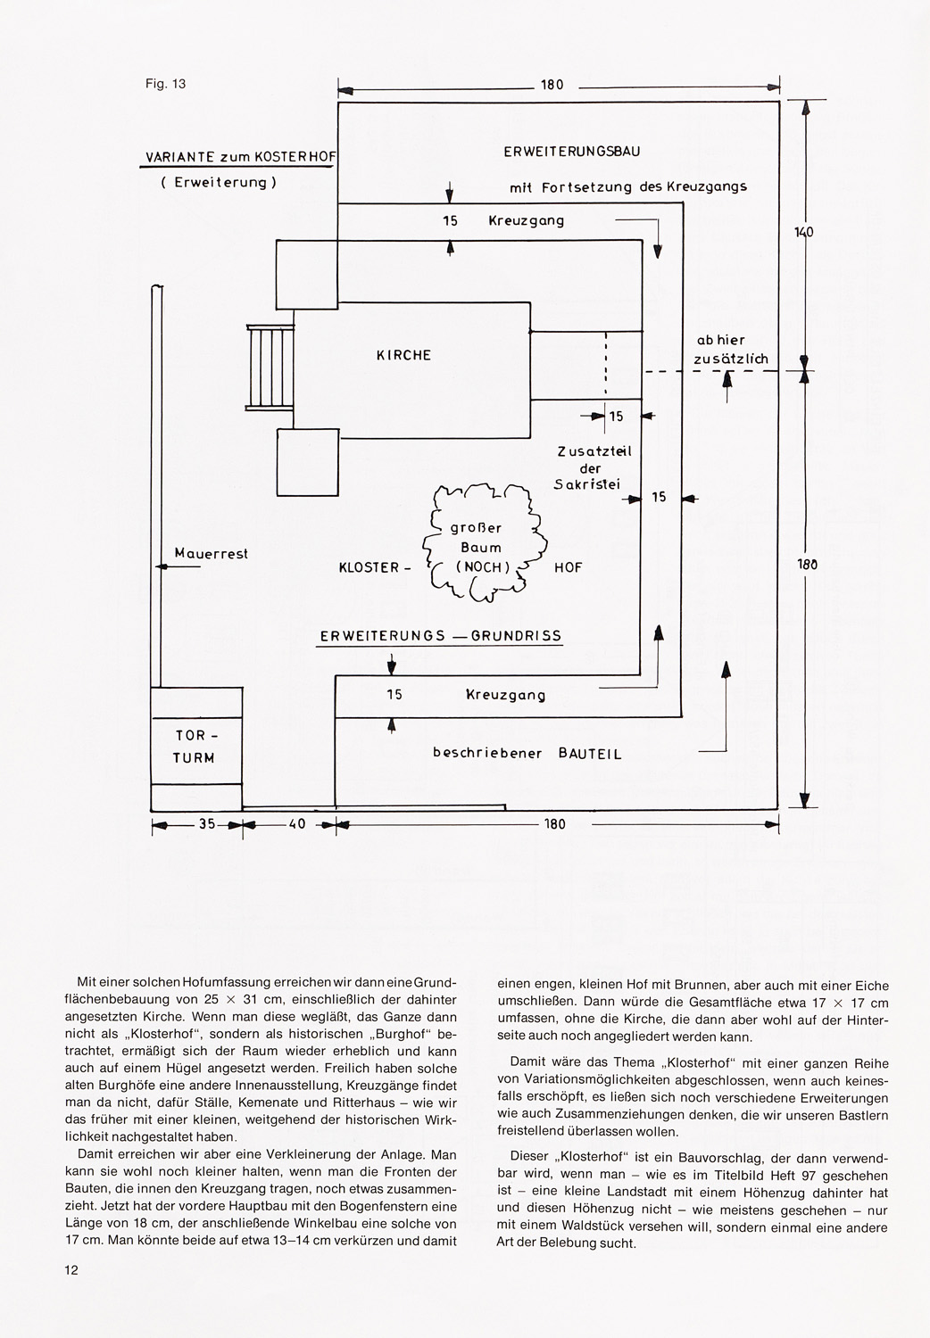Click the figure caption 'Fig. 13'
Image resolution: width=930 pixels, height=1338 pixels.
tap(165, 84)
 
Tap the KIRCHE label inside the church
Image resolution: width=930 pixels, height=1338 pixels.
tap(404, 355)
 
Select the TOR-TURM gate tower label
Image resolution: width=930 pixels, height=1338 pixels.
tap(194, 747)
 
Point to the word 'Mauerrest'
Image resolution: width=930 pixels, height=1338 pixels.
tap(211, 554)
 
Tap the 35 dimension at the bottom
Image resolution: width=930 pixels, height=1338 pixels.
tap(207, 823)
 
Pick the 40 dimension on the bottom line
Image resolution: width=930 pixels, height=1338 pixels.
tap(297, 823)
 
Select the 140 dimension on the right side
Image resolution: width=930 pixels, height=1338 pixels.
tap(804, 232)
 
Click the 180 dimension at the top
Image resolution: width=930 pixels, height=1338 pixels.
tap(552, 85)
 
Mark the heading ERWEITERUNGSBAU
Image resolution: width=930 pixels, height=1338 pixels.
tap(572, 151)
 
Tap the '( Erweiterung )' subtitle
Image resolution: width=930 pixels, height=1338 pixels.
tap(219, 183)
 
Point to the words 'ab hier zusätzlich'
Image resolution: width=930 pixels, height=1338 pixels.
tap(730, 350)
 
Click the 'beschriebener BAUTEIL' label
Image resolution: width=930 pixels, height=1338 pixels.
tap(527, 753)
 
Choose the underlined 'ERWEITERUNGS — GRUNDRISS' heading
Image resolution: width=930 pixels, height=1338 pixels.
tap(441, 635)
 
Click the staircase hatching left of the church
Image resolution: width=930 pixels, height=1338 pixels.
tap(270, 368)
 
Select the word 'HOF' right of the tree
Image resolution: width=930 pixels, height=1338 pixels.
tap(569, 567)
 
